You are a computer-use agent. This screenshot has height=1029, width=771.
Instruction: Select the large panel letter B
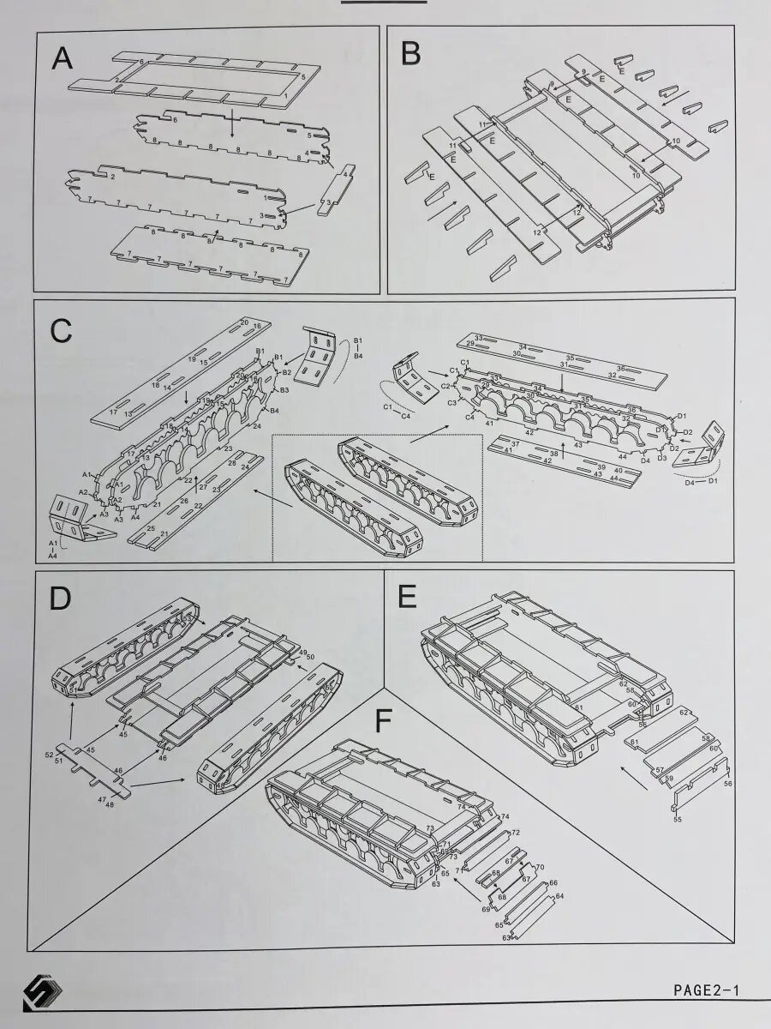coord(410,53)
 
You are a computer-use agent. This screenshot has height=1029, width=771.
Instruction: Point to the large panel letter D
coord(59,599)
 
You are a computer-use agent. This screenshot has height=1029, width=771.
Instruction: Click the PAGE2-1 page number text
coord(705,990)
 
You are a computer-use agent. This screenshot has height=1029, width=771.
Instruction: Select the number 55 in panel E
coord(678,820)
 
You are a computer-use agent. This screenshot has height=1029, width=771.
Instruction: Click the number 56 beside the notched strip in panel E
coord(728,783)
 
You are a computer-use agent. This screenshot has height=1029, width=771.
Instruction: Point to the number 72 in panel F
coord(516,833)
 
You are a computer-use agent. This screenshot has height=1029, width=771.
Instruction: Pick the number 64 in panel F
coord(560,897)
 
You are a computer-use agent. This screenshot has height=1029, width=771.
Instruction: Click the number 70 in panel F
coord(540,868)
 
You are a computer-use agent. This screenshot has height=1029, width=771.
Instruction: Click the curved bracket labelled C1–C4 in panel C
coord(415,383)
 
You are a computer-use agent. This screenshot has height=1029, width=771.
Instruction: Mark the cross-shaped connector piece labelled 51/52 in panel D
coord(94,767)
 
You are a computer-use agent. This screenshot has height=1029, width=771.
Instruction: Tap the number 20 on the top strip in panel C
coord(244,322)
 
